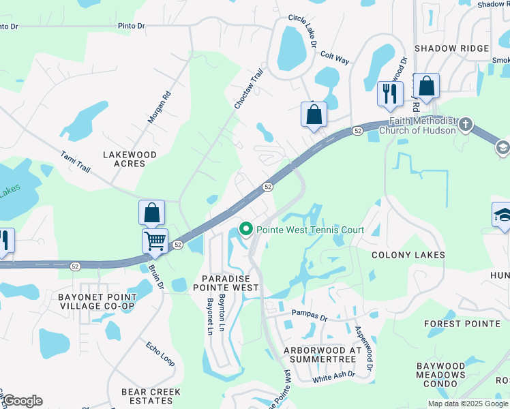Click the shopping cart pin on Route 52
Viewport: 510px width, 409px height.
[x=155, y=240]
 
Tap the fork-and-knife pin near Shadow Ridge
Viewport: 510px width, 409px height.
[x=390, y=93]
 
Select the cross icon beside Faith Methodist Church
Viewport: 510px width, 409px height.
[x=466, y=124]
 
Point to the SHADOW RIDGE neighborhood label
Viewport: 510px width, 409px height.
[x=451, y=48]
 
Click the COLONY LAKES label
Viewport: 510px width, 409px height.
[x=408, y=255]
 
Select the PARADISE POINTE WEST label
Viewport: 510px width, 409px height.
[x=230, y=283]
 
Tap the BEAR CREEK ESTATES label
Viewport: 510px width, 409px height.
[x=151, y=396]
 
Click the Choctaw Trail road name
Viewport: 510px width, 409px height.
[x=249, y=89]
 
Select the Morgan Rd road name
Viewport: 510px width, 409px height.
[x=159, y=108]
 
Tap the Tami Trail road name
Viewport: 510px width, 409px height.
[x=76, y=162]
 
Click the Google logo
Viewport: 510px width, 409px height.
[x=22, y=401]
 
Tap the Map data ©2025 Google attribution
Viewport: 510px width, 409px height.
[x=468, y=404]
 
